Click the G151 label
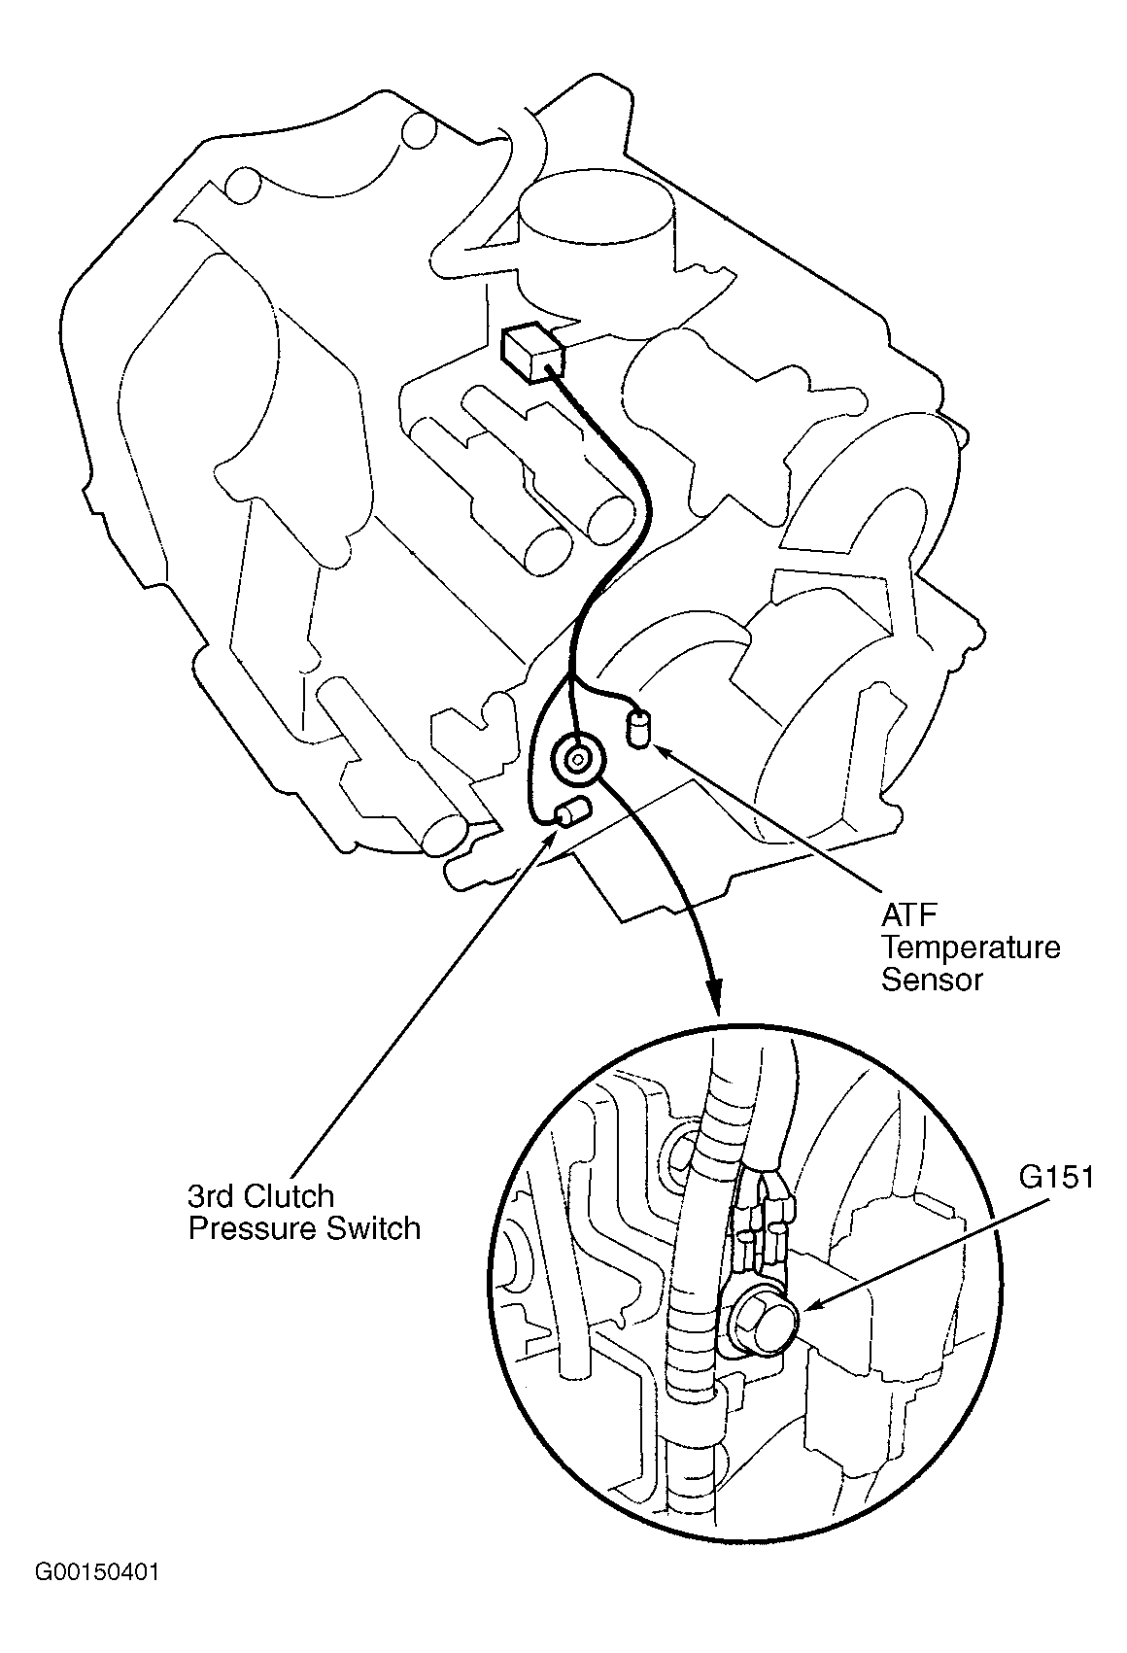click(x=1056, y=1177)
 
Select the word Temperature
click(x=970, y=947)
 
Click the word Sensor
click(x=932, y=979)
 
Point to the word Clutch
click(x=290, y=1196)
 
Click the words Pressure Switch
click(x=303, y=1228)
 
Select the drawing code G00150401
click(x=96, y=1600)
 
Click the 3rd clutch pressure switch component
click(x=572, y=810)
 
